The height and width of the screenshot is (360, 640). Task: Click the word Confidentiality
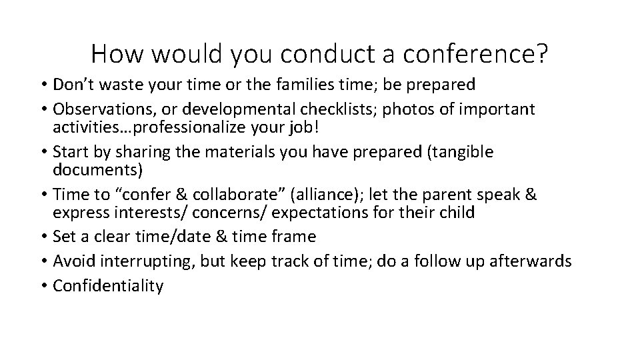(108, 285)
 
